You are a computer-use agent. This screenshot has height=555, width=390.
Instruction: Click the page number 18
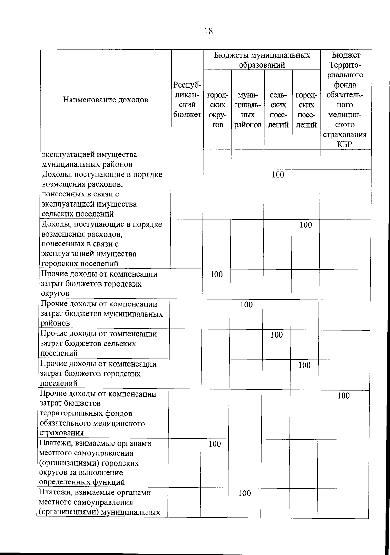(209, 31)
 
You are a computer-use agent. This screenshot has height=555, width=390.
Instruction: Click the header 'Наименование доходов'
(106, 100)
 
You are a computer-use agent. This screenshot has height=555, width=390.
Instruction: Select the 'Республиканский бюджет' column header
(187, 100)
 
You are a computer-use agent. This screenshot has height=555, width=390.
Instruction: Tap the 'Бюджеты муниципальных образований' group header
(262, 60)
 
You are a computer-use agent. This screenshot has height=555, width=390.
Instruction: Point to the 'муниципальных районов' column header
(248, 110)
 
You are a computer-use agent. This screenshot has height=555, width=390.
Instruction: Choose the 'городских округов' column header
(217, 110)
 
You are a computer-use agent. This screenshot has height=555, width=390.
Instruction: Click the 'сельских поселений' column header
(278, 110)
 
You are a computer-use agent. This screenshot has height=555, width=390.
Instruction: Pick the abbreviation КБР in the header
(344, 144)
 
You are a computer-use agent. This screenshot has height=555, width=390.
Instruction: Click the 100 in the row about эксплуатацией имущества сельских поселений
(278, 175)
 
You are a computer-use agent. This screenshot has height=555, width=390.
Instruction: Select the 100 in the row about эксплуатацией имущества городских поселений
(305, 225)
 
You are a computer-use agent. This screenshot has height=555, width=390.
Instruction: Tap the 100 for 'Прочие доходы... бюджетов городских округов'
(216, 275)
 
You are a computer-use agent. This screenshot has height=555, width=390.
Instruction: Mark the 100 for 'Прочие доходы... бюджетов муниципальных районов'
(246, 305)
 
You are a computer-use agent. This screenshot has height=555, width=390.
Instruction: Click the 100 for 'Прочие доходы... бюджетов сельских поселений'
(277, 335)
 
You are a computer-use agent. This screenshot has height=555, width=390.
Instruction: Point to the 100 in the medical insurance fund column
(344, 396)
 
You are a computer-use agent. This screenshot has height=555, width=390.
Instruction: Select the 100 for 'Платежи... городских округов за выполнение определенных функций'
(215, 444)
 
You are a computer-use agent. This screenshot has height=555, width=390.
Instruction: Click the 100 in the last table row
(245, 494)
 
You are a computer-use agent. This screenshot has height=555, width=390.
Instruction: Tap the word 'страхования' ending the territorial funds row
(61, 433)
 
